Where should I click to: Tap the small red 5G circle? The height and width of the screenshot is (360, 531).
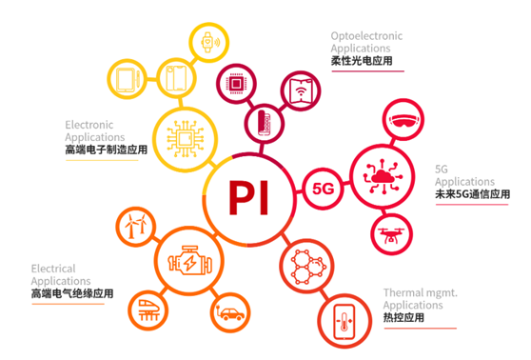[323, 188]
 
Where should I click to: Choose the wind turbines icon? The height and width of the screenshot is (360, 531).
[132, 227]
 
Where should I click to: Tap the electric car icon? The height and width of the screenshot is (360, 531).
[227, 310]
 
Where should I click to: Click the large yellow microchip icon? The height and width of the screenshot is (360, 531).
[182, 136]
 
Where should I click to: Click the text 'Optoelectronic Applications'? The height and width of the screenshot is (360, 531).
[366, 42]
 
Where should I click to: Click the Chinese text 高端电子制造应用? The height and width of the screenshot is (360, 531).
[106, 150]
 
